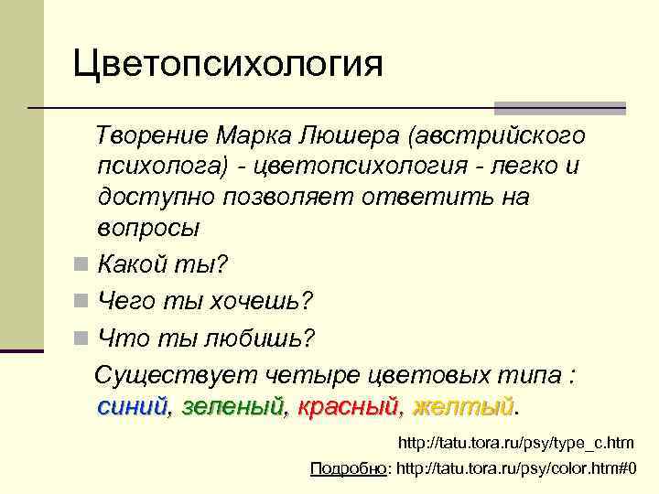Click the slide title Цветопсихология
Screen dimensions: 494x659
pos(229,65)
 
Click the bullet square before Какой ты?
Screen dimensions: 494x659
pos(82,266)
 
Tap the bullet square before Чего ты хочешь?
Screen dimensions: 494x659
pos(82,301)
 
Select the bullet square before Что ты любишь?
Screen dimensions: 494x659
pos(82,338)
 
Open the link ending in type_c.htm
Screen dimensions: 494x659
pos(515,443)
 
